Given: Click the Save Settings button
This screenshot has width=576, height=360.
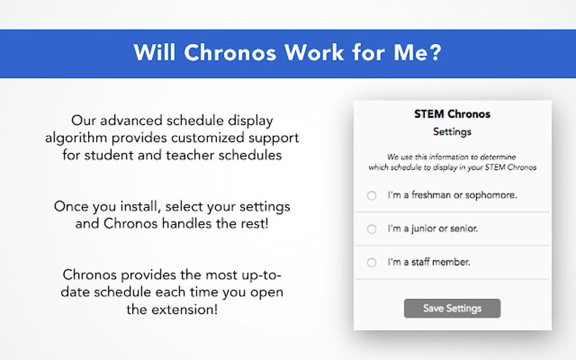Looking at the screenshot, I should point(452,309).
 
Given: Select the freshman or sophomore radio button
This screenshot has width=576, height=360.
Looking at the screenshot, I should point(372,196).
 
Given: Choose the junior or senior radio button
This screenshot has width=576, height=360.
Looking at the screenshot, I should point(372,229).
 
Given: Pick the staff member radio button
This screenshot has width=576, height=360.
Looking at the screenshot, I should point(372,262).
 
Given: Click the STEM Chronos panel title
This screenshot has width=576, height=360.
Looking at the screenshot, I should point(452,114).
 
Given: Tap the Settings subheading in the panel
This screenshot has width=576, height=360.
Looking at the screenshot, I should point(452,132).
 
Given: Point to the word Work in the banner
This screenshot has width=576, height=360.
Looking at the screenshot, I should point(314,53).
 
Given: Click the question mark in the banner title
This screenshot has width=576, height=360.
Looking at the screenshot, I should point(434,53).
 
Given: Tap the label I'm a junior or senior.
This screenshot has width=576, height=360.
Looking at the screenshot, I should point(433,229).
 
